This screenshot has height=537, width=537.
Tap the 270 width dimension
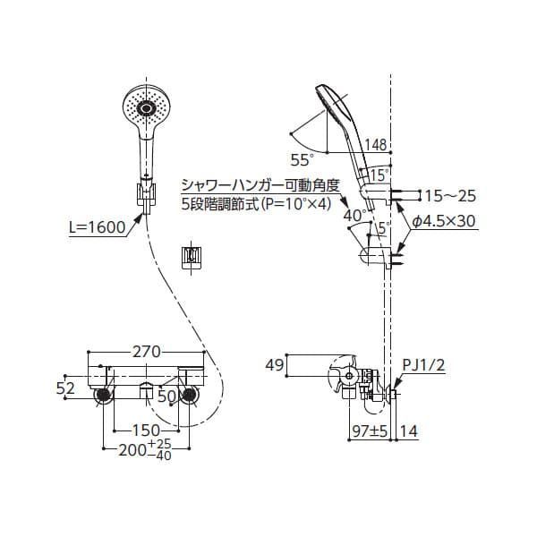[x=149, y=353]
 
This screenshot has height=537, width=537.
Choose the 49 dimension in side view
[x=276, y=365]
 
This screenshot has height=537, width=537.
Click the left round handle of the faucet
[x=105, y=396]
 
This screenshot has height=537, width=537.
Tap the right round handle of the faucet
[x=190, y=396]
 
